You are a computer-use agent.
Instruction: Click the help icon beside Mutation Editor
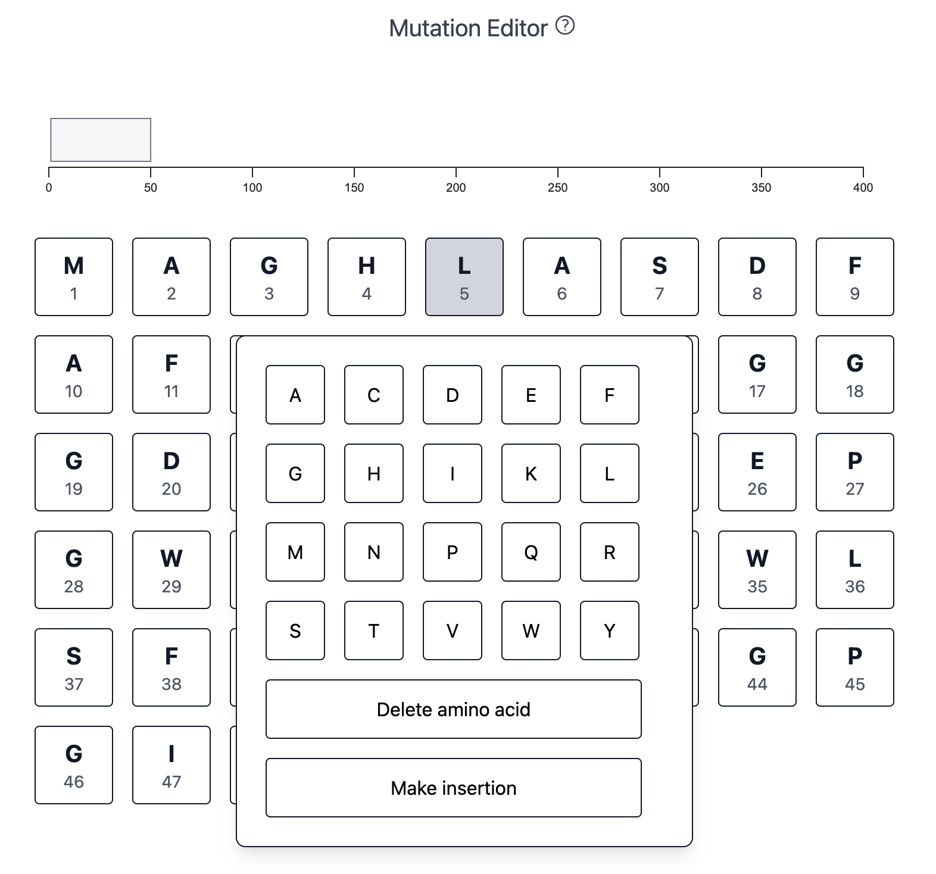pos(564,26)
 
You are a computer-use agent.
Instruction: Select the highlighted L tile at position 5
pos(464,277)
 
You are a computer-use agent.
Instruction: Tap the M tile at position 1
pos(74,277)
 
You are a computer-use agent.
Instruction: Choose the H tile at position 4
pos(367,277)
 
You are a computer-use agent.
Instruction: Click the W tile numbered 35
pos(757,570)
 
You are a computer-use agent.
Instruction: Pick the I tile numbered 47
pos(171,765)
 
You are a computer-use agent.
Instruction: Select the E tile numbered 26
pos(757,472)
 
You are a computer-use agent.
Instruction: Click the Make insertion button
pos(454,788)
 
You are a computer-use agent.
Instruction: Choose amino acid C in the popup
pos(374,395)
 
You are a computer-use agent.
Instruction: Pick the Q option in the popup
pos(531,552)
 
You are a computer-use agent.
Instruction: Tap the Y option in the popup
pos(610,630)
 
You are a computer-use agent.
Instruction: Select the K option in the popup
pos(531,473)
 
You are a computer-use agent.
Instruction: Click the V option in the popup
pos(453,630)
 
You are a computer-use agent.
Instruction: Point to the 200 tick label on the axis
pos(456,188)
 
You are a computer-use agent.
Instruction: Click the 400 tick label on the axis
pos(863,188)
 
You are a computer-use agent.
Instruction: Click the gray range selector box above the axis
pos(101,140)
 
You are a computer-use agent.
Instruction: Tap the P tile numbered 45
pos(854,667)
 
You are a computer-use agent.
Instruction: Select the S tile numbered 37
pos(74,667)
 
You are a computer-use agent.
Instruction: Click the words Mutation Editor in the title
pos(468,28)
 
